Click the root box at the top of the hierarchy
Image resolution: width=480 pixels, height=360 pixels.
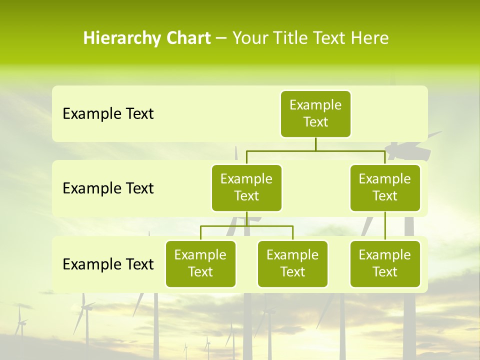coord(315,113)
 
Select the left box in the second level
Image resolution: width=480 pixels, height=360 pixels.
coord(246,187)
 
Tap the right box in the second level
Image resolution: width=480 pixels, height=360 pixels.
coord(385,187)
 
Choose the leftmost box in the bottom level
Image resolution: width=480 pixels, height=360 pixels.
coord(200,263)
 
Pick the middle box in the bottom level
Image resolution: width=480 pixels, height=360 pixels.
coord(292,263)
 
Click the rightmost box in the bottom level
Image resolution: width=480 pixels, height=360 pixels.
coord(385,263)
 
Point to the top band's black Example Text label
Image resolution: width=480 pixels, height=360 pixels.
coord(108,114)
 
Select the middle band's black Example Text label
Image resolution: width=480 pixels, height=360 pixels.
coord(108,188)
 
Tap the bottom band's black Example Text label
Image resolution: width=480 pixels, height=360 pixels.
coord(108,264)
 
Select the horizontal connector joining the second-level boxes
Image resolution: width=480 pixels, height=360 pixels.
coord(315,150)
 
